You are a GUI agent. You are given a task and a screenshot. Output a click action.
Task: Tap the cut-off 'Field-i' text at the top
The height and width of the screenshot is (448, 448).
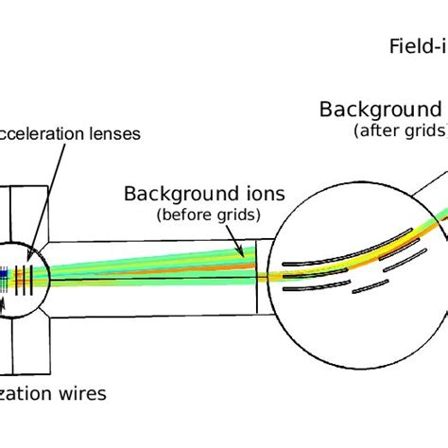click(x=416, y=46)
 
